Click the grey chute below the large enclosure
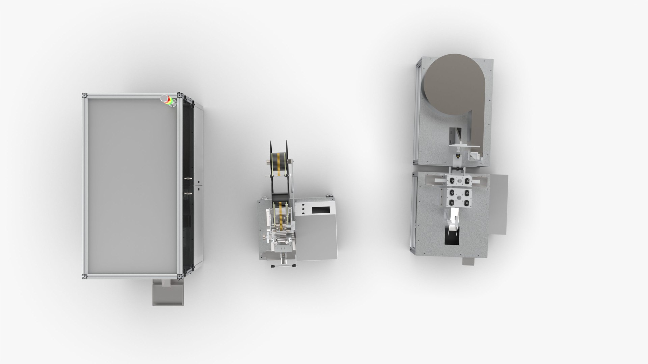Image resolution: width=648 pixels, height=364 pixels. pos(168,294)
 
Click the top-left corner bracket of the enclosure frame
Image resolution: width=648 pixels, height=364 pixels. pos(84,96)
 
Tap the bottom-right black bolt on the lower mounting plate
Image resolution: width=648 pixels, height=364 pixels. pos(467,203)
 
